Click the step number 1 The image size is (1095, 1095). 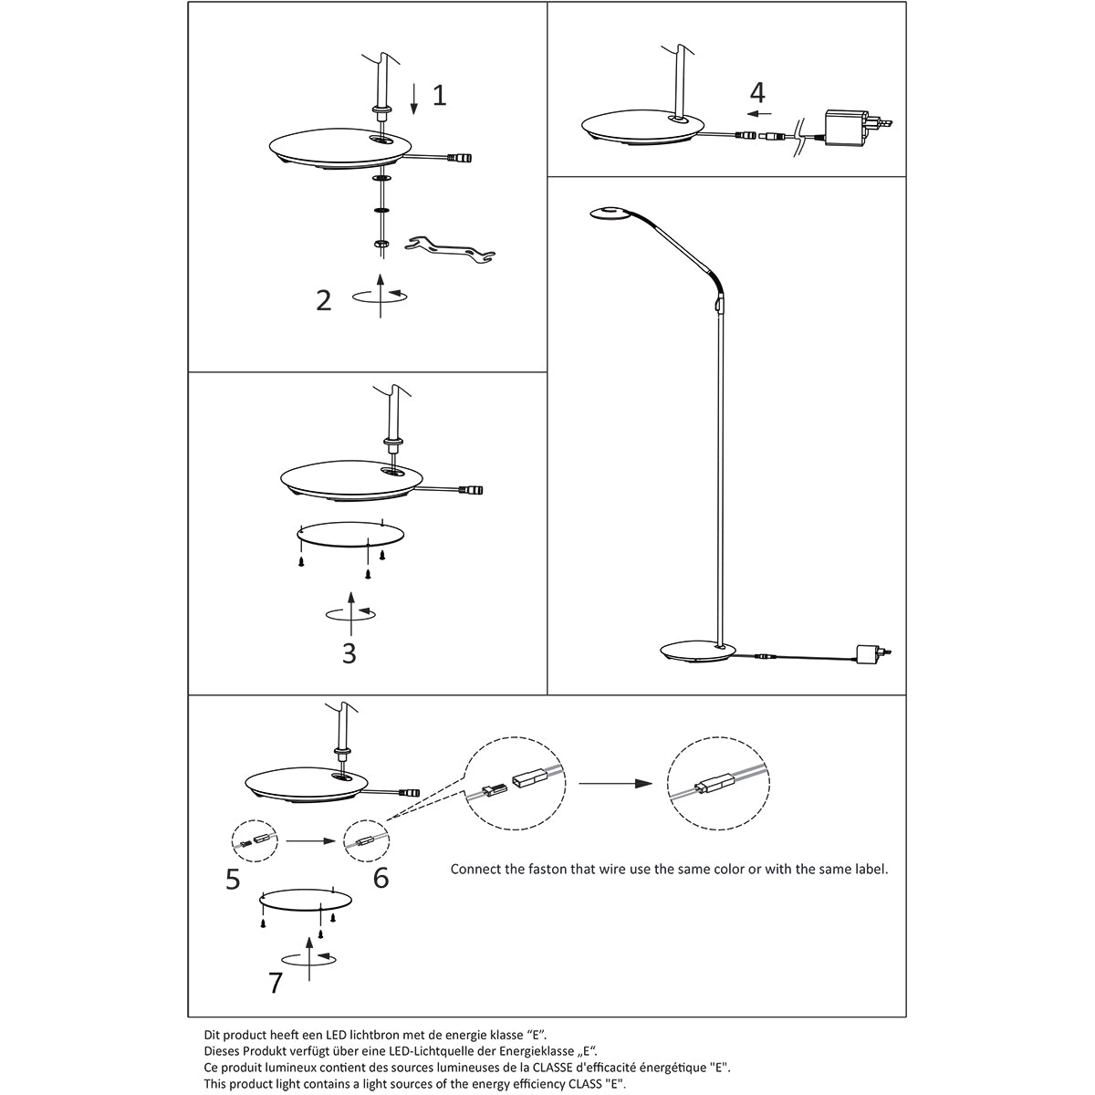pos(439,95)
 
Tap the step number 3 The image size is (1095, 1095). pos(349,653)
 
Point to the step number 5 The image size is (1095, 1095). pos(234,878)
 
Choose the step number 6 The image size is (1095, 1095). pos(381,878)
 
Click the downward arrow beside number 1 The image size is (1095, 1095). pos(414,98)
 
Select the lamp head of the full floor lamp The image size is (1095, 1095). pos(606,214)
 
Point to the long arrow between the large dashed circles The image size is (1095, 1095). pos(617,783)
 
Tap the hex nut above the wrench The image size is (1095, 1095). pos(381,245)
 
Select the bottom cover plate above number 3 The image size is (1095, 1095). pos(350,533)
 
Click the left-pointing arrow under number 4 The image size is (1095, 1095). pos(758,115)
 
